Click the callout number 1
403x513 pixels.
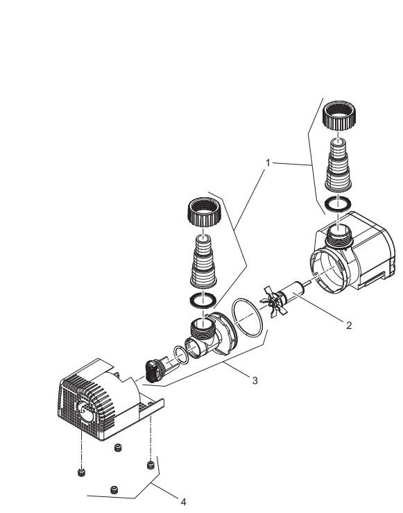pos(268,162)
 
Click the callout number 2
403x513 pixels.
pos(349,325)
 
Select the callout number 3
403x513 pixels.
pos(255,380)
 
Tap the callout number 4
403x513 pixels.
pos(183,502)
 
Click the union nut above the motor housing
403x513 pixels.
pos(339,115)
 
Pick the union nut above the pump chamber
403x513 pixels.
pos(204,212)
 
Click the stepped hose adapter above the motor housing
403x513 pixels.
pos(338,165)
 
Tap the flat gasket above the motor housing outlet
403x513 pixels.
pos(338,204)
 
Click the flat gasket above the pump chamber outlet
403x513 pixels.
pos(203,300)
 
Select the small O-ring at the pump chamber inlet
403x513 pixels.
pos(182,355)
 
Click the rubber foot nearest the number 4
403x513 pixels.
pos(150,464)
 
